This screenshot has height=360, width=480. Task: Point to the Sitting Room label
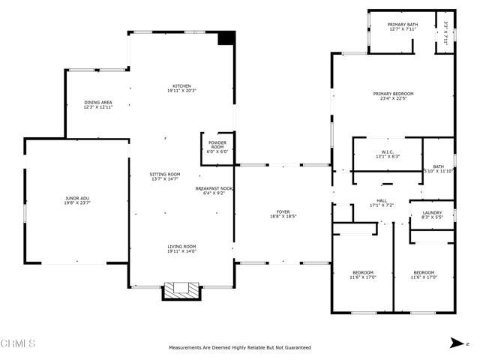pos(164,173)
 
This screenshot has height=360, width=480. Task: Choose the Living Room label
pos(181,246)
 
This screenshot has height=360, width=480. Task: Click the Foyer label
pos(283,212)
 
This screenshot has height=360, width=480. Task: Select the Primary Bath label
pos(401,25)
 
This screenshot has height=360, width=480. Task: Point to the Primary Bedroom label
pos(393,94)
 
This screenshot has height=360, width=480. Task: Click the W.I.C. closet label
pos(387,151)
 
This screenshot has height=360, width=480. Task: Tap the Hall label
pos(382,200)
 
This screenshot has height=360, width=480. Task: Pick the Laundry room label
pos(432,212)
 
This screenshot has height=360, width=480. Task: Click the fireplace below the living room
pos(182,289)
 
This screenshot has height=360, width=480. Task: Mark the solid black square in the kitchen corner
pos(226,39)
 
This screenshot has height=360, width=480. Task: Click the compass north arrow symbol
pos(457,343)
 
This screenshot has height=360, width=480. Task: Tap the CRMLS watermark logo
pos(18,343)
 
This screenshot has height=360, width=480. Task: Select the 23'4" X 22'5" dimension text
pos(393,97)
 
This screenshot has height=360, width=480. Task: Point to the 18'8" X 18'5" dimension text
pos(283,216)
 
